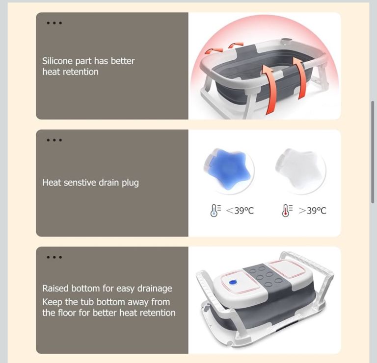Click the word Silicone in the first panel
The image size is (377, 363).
57,61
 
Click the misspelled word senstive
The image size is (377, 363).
80,183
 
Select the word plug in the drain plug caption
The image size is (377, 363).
130,183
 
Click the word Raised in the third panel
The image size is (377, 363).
55,289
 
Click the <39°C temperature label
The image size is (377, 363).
240,211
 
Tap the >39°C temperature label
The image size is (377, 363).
312,211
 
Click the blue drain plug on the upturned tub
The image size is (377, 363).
233,282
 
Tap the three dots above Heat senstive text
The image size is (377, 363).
54,140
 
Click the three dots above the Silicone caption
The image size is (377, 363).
54,23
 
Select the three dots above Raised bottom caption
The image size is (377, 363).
54,257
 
